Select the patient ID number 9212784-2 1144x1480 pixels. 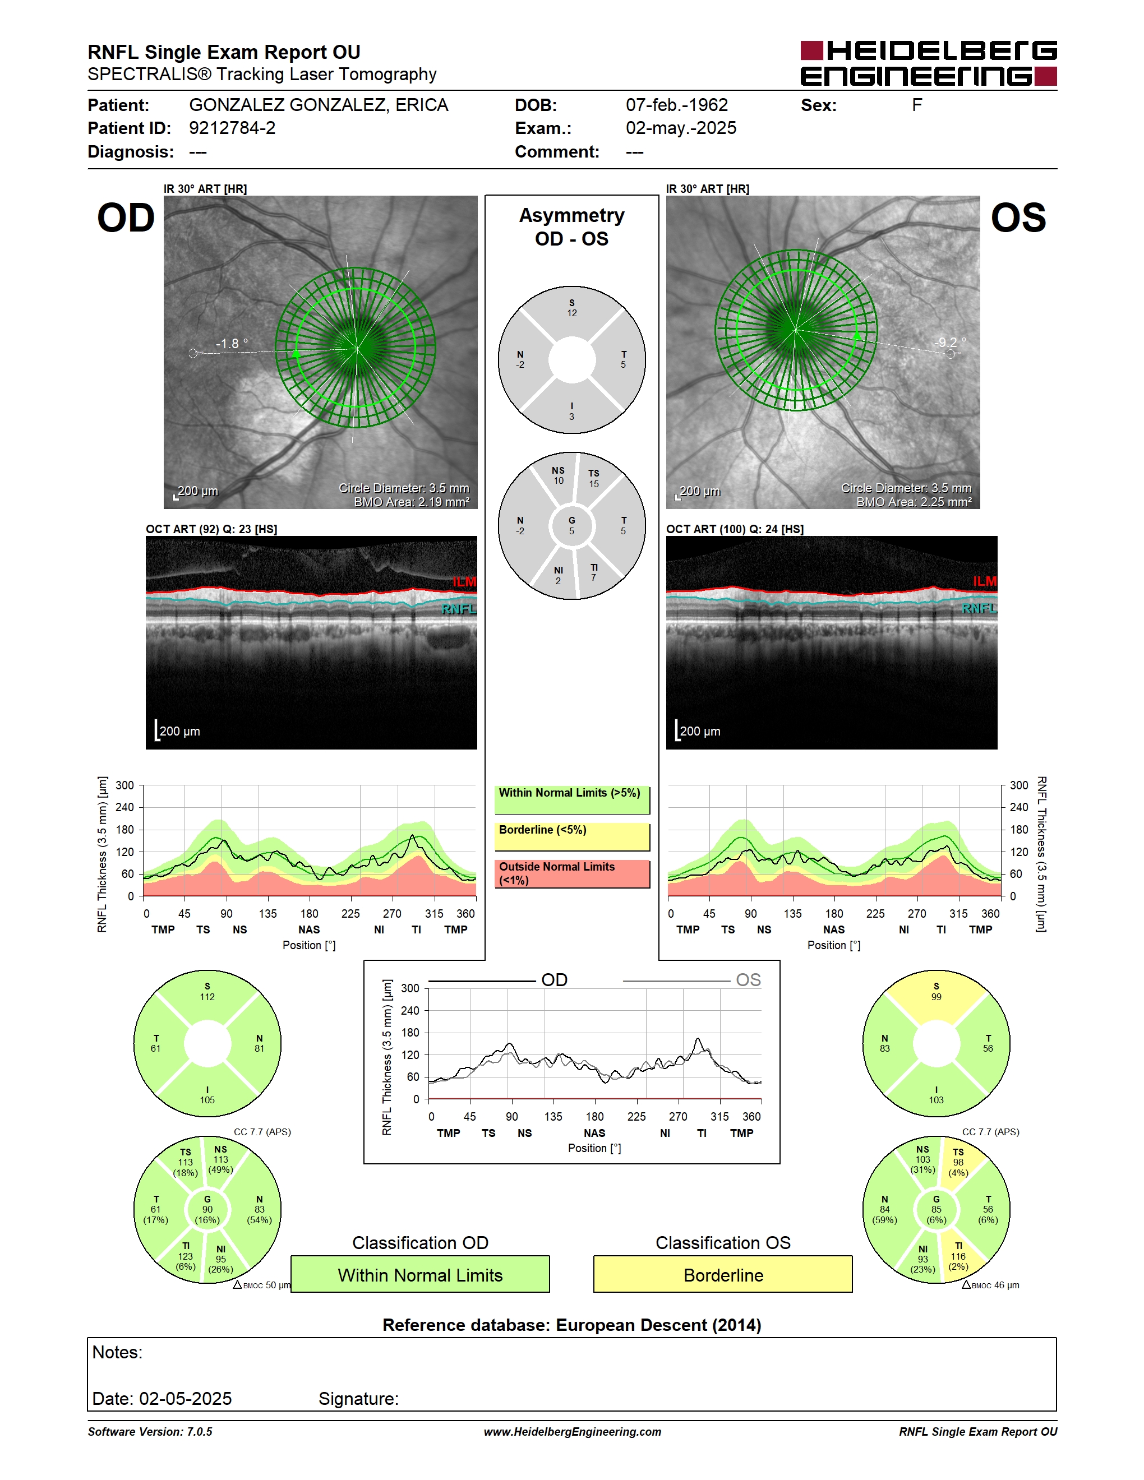coord(232,128)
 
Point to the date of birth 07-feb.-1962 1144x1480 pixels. coord(676,105)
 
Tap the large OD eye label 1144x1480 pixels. coord(126,218)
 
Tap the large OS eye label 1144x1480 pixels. coord(1018,218)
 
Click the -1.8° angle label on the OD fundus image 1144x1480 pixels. coord(232,344)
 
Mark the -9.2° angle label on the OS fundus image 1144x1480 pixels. coord(950,342)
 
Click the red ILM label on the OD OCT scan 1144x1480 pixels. coord(464,582)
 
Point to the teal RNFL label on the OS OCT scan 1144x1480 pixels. coord(979,608)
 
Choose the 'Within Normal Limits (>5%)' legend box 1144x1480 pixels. coord(572,799)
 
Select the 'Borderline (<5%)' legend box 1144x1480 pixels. coord(572,837)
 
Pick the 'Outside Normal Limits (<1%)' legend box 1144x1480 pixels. coord(572,874)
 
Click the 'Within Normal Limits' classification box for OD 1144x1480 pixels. coord(420,1274)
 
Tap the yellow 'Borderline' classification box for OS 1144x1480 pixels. coord(723,1274)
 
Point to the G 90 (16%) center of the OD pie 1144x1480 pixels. coord(207,1210)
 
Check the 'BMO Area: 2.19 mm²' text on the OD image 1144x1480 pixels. coord(412,502)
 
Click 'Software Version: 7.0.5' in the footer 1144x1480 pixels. coord(150,1432)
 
